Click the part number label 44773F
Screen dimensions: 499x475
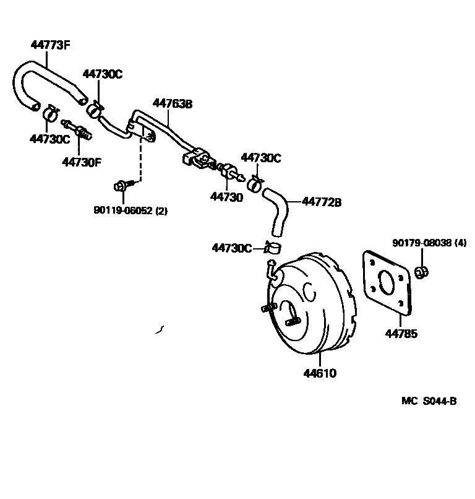click(x=50, y=44)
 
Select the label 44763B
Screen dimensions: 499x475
click(x=173, y=104)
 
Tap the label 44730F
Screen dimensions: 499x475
click(x=80, y=162)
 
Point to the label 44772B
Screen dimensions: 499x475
click(x=322, y=202)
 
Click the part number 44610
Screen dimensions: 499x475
click(x=320, y=374)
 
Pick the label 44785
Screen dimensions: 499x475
click(x=401, y=334)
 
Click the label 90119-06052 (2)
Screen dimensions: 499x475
click(x=131, y=210)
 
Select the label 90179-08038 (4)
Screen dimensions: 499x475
click(x=429, y=243)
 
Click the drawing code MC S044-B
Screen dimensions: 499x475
click(x=429, y=401)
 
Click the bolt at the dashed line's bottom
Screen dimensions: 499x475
click(x=121, y=185)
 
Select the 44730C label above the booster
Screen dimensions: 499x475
click(x=231, y=248)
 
